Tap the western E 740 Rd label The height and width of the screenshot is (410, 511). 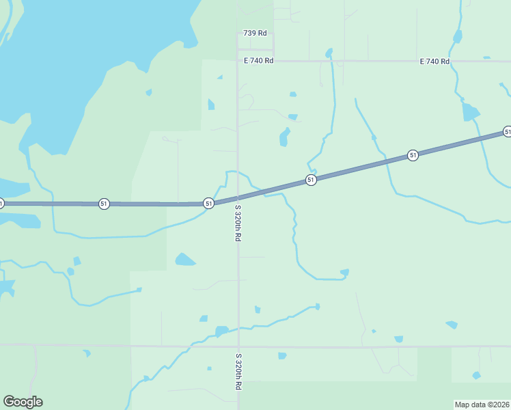[259, 61]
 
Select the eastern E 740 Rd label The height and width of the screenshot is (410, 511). [435, 61]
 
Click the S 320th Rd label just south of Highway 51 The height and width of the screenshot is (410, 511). [238, 223]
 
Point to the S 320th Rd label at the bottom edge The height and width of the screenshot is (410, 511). [238, 372]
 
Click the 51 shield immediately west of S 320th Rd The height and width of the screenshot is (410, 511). [208, 203]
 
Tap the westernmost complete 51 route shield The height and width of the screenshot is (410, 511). [104, 204]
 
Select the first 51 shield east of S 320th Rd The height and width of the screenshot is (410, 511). [311, 180]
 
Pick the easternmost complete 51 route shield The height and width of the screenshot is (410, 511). [413, 155]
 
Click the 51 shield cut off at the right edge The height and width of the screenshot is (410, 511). [507, 131]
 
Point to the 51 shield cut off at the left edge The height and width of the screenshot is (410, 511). [1, 203]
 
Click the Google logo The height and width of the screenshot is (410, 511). [23, 402]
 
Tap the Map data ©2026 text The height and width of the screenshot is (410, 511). [482, 404]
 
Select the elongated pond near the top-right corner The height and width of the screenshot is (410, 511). [470, 111]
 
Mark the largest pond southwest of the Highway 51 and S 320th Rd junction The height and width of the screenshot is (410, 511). [184, 260]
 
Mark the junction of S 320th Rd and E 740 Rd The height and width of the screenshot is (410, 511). [238, 61]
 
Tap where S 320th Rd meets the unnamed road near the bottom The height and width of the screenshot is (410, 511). [238, 346]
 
